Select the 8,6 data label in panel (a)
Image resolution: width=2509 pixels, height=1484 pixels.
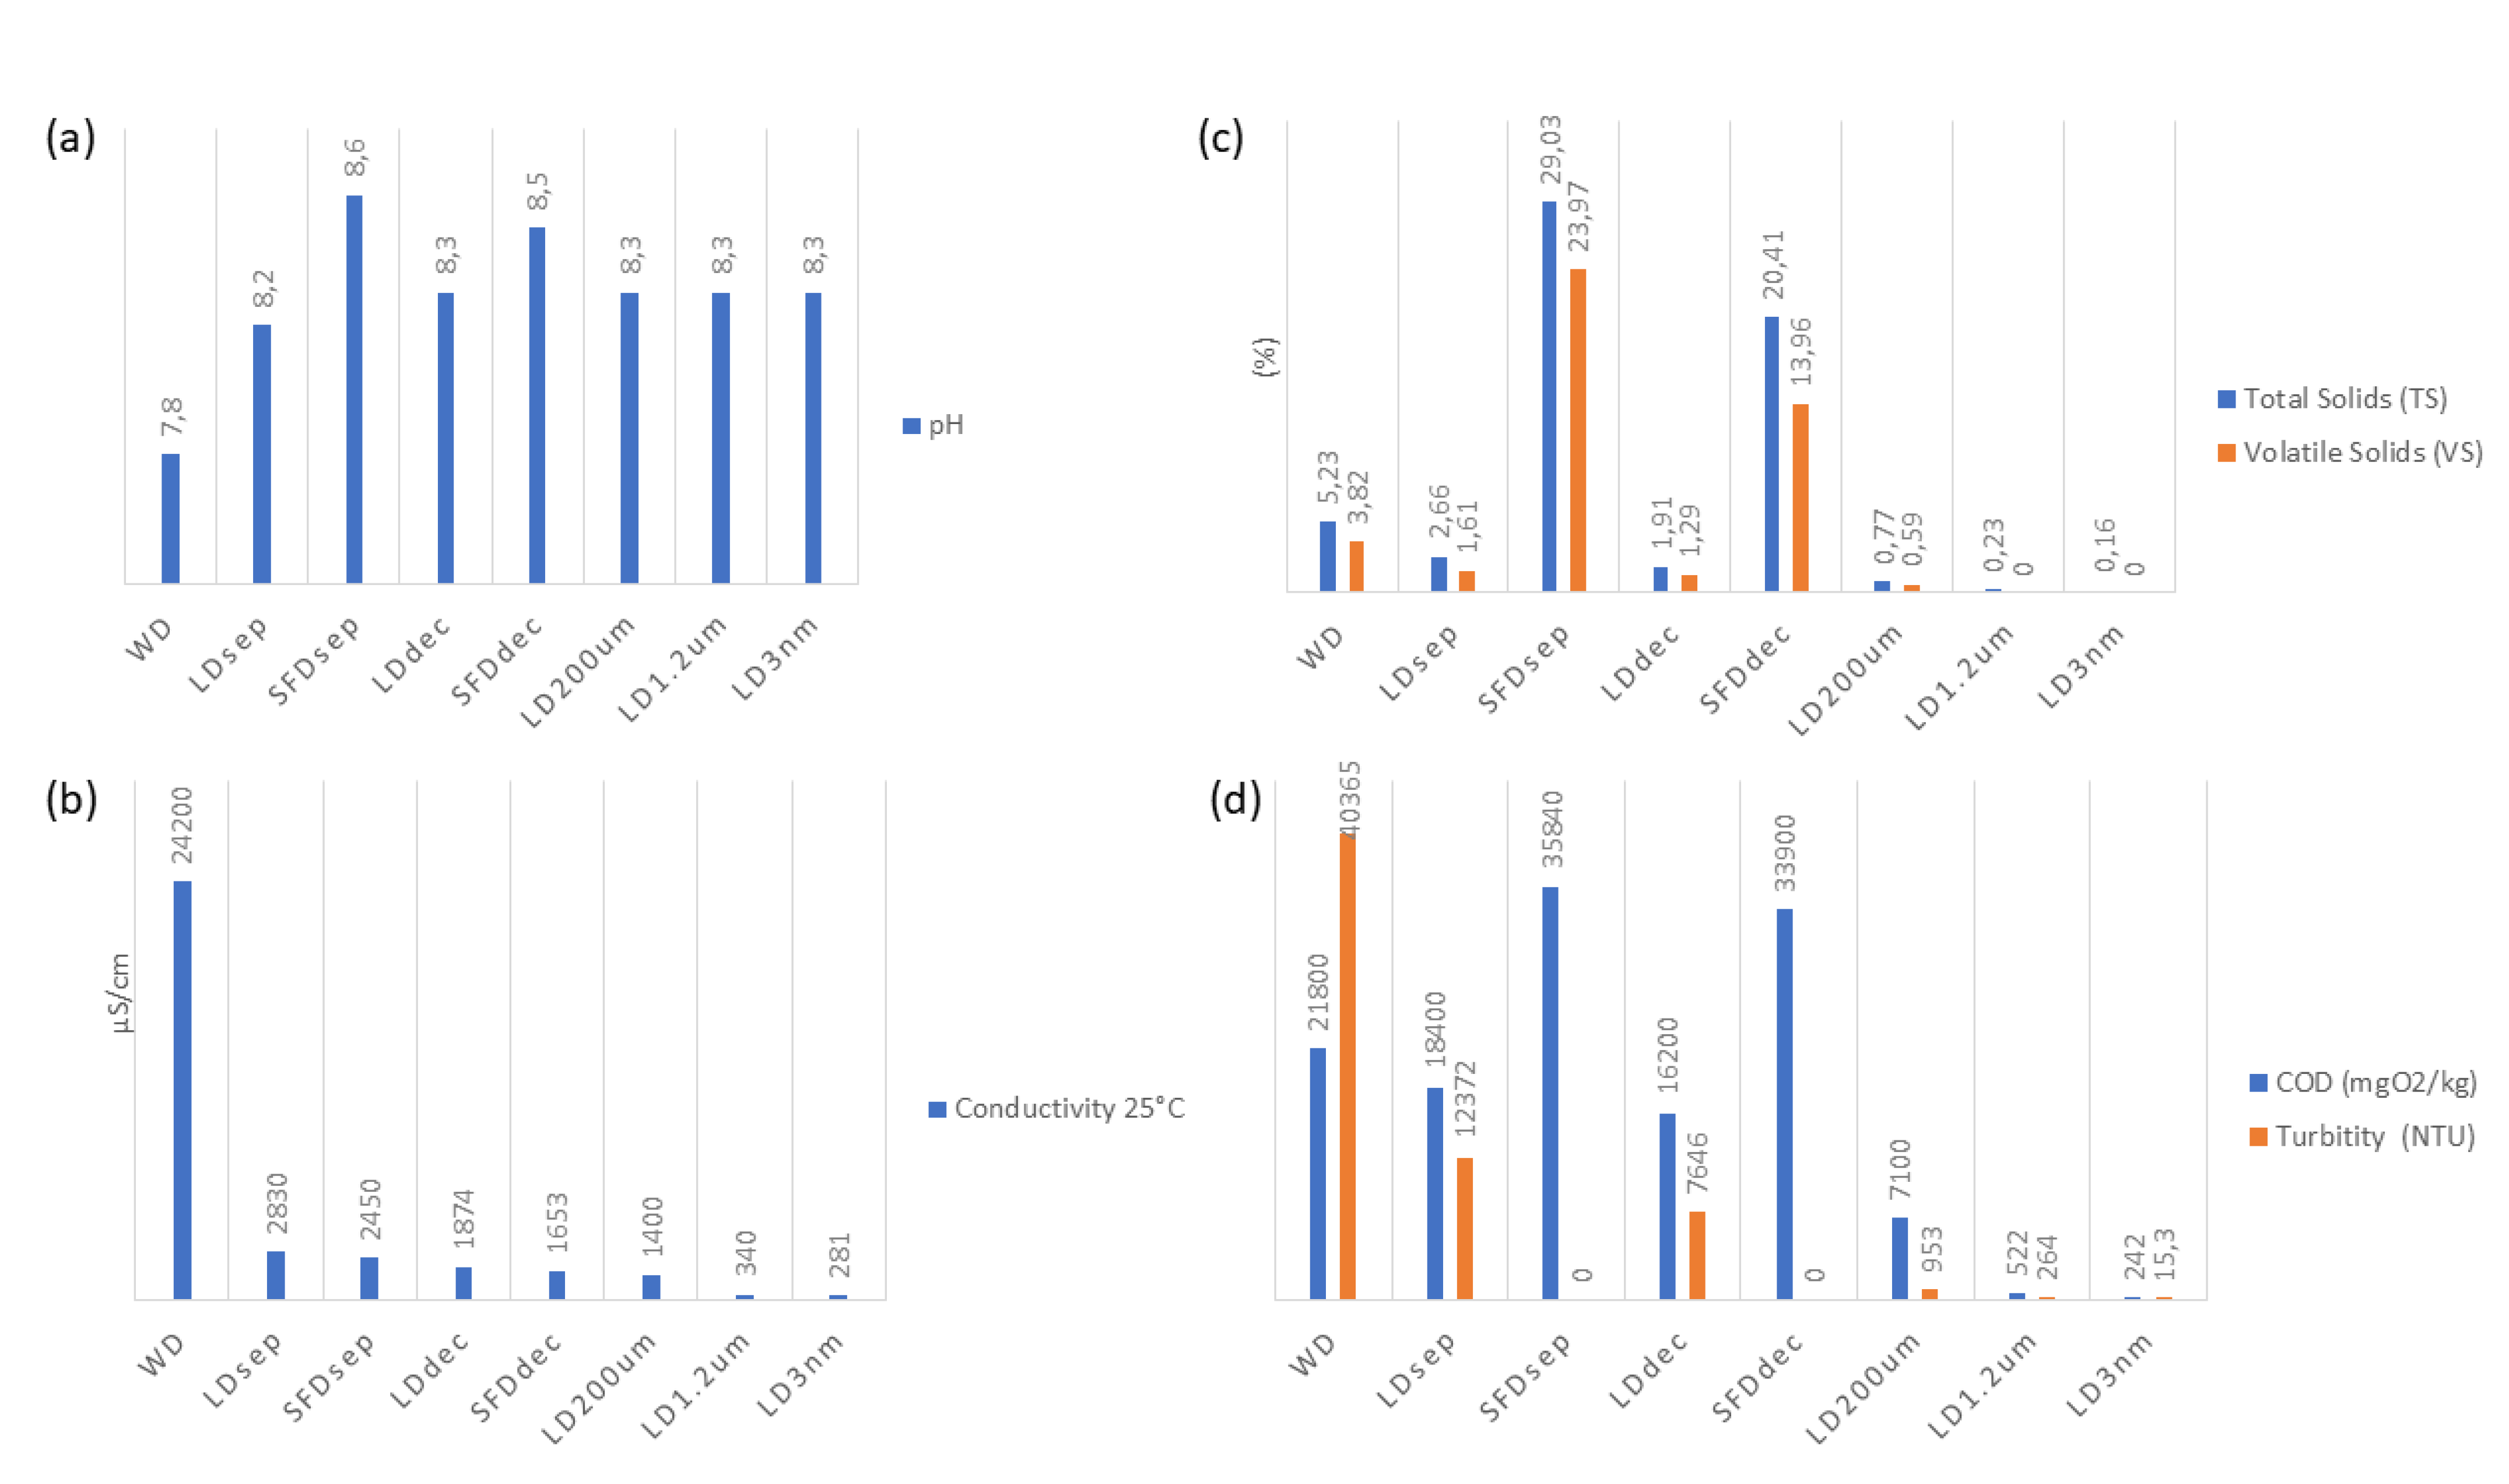[x=355, y=158]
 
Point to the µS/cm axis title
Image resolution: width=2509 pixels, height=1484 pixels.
[x=120, y=993]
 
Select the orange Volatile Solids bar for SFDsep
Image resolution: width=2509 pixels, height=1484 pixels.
[x=1577, y=430]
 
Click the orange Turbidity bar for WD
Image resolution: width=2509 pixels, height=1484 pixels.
[x=1348, y=1066]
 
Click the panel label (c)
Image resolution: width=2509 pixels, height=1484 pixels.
[x=1220, y=138]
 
